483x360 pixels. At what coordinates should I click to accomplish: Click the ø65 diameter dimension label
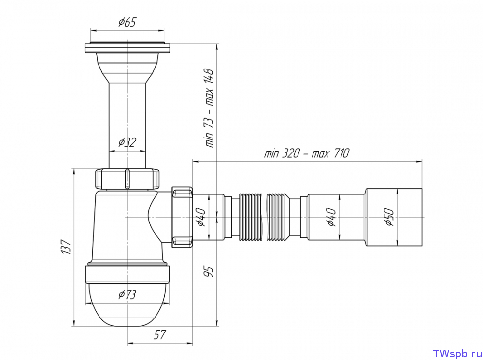[127, 22]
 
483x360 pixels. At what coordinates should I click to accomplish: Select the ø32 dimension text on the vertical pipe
[127, 142]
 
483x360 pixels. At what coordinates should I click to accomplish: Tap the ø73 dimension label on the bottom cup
[127, 294]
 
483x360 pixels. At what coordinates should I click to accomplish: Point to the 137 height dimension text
[66, 247]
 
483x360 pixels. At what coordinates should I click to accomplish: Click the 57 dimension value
[160, 335]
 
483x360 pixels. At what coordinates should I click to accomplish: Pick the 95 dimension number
[209, 271]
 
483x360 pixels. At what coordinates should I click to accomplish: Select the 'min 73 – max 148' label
[209, 108]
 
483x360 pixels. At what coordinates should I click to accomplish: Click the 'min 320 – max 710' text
[307, 153]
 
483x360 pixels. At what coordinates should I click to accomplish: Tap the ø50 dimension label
[389, 217]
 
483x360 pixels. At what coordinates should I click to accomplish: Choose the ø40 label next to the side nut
[201, 217]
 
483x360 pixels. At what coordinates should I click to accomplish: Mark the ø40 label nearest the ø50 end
[332, 217]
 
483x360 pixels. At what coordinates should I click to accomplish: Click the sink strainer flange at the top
[127, 48]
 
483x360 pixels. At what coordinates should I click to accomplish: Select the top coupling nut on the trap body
[127, 179]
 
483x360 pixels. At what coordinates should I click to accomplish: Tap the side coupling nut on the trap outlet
[183, 217]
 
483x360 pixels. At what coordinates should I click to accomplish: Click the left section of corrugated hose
[250, 217]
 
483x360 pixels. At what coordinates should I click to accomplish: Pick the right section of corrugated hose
[279, 217]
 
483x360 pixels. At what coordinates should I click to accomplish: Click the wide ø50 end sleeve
[393, 217]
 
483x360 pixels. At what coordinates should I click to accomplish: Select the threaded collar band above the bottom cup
[127, 275]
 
